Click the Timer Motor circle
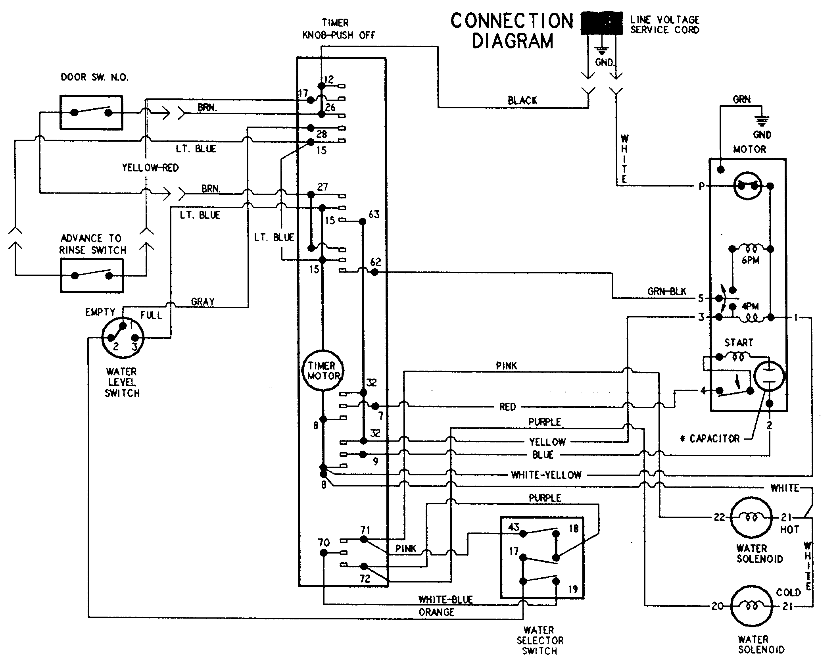(x=324, y=371)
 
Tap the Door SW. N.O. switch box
(x=91, y=112)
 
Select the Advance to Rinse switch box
(x=92, y=275)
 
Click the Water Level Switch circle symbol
(x=123, y=338)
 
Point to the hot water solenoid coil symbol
(x=751, y=517)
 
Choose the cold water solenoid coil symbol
(x=751, y=606)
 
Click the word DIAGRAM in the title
(x=512, y=41)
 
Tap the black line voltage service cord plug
(x=601, y=23)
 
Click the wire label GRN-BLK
(x=666, y=292)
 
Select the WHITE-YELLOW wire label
(x=546, y=475)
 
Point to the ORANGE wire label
(x=436, y=612)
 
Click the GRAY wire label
(x=203, y=302)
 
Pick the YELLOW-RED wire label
(x=150, y=167)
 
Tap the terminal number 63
(x=374, y=215)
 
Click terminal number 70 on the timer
(x=324, y=542)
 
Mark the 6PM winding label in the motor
(x=750, y=261)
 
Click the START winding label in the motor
(x=739, y=342)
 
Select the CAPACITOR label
(x=714, y=438)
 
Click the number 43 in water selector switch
(x=514, y=527)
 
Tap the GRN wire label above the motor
(x=741, y=99)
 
